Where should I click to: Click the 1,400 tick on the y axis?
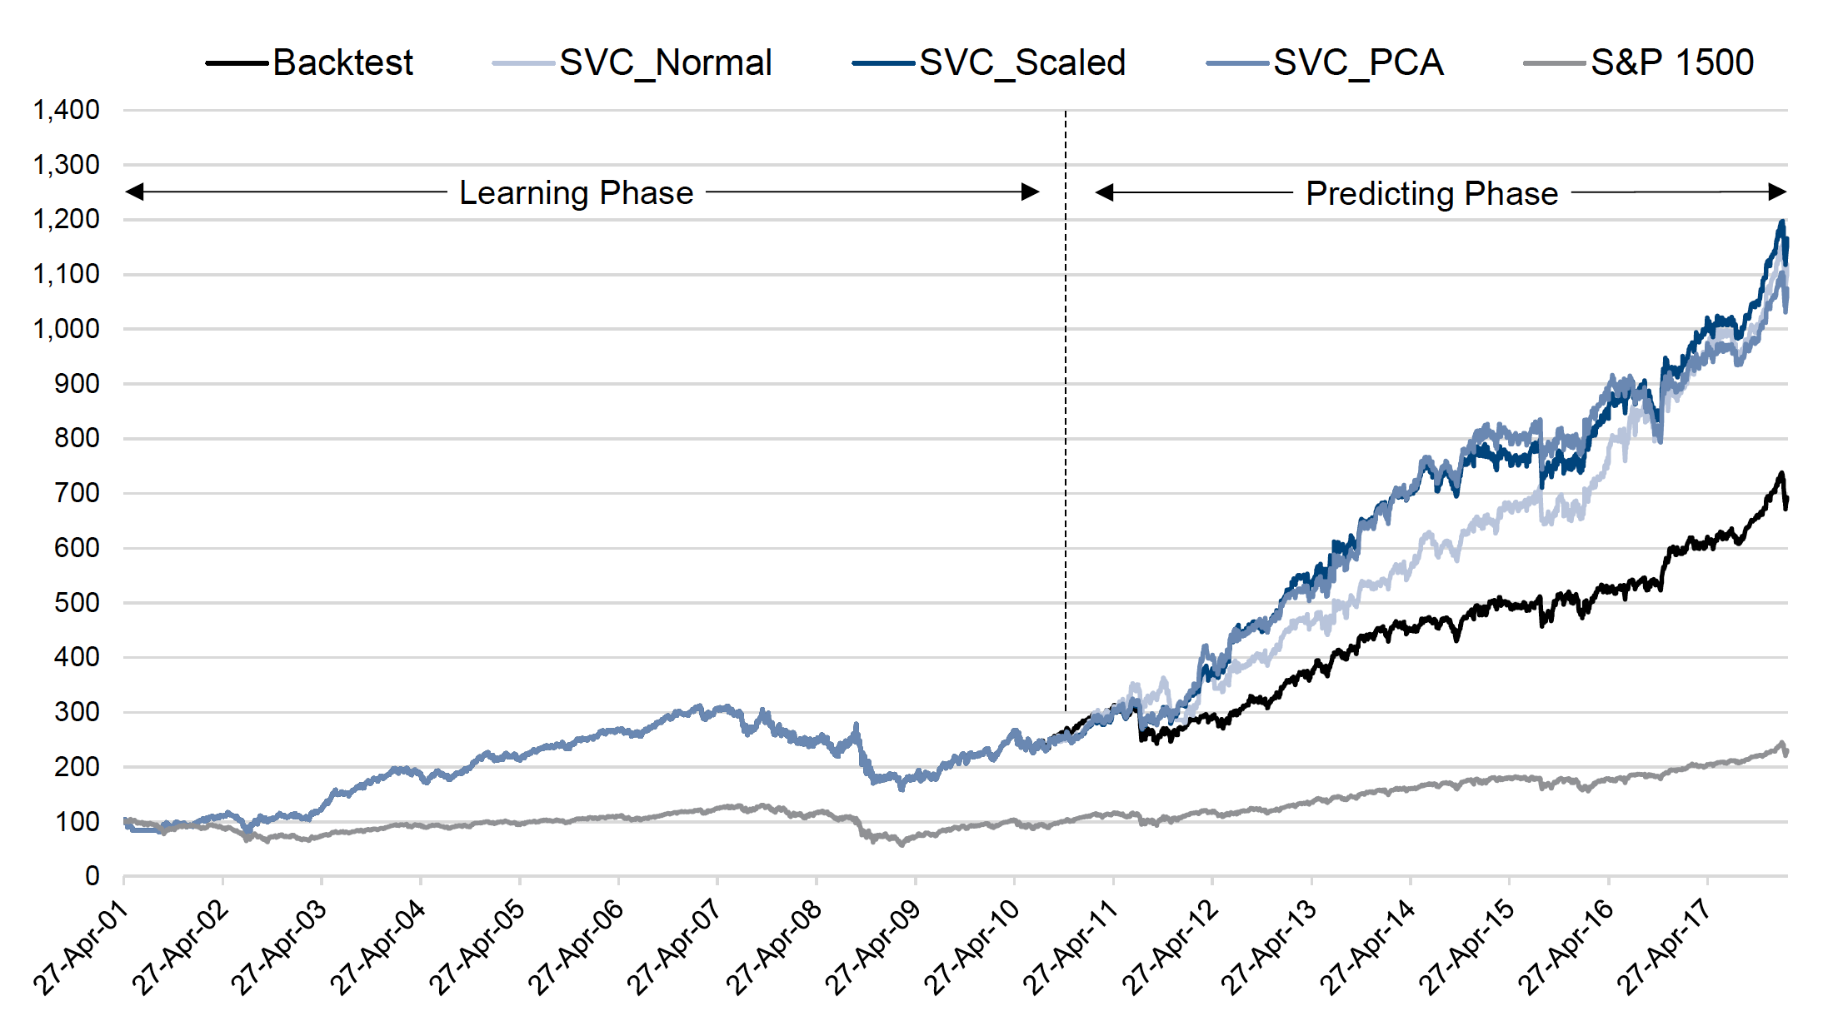click(x=66, y=110)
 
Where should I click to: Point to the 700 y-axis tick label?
click(x=77, y=493)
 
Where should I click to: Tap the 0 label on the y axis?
click(x=92, y=876)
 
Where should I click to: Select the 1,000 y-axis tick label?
click(x=66, y=329)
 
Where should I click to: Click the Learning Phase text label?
click(x=576, y=192)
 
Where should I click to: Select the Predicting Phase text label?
click(x=1431, y=193)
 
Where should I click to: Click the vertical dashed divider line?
click(x=1066, y=416)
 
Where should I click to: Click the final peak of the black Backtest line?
click(x=1781, y=474)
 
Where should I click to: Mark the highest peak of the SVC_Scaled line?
click(x=1781, y=222)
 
